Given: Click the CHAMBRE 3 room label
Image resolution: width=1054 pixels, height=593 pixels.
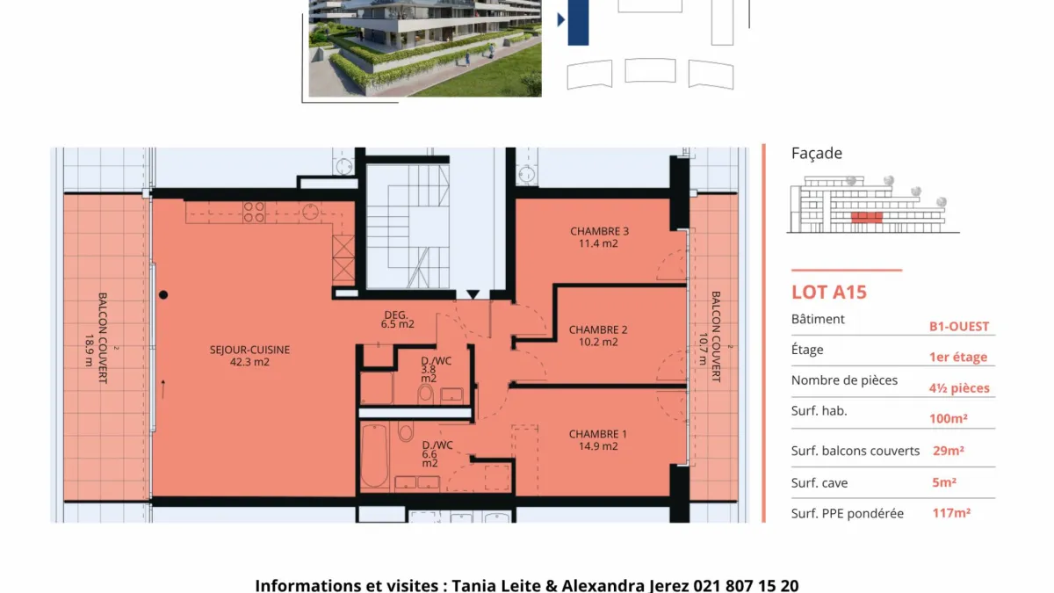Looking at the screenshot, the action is (599, 237).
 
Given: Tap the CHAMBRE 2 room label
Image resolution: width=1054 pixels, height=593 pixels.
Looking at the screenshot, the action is (598, 336).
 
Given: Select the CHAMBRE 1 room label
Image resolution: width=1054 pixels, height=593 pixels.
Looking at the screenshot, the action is (597, 439).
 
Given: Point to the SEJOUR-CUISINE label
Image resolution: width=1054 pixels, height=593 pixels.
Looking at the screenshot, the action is (249, 356).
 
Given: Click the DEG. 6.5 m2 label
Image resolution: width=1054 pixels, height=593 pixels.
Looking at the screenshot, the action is (397, 320).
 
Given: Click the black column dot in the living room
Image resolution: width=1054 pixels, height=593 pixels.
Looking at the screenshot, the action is (163, 295).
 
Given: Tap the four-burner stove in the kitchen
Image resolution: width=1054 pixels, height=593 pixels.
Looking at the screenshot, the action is (254, 212).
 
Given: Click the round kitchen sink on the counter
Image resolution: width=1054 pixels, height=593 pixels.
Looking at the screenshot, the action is (310, 213).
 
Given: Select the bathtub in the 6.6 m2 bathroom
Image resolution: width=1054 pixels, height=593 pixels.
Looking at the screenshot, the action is (374, 456).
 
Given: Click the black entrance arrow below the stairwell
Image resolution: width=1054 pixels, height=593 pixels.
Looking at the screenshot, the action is (473, 294).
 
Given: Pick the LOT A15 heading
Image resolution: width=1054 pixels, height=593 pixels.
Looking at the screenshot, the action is (828, 293).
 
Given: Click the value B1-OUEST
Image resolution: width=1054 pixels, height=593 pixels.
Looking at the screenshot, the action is (959, 326).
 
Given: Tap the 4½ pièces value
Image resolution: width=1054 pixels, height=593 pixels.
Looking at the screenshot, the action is (959, 387).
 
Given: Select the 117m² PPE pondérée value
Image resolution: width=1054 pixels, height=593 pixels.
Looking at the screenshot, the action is (951, 512).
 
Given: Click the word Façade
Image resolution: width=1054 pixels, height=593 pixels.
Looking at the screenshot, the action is (816, 153).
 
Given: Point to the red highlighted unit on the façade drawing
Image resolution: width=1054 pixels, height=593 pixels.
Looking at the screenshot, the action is (867, 218).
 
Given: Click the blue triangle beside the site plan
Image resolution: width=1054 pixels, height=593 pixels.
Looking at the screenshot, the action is (561, 19).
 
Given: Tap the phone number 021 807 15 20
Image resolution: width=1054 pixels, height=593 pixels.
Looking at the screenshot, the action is (746, 585).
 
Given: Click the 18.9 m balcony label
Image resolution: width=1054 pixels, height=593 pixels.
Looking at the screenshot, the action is (89, 351).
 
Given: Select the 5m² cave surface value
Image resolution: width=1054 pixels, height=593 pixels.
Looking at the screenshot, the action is (944, 482).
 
